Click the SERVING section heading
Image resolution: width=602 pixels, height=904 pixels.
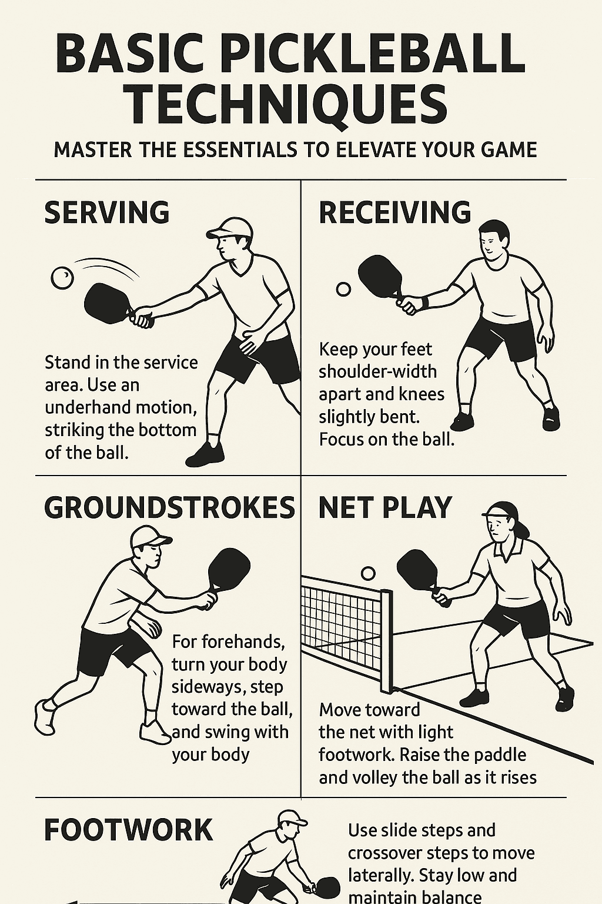point(107,212)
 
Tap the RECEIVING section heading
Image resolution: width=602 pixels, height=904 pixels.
point(394,212)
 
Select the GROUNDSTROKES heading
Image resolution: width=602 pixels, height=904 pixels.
point(169,508)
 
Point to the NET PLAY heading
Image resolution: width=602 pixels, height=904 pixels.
point(385,508)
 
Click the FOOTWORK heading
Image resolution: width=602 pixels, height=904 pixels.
point(128,830)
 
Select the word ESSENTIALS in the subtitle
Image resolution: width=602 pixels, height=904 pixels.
point(239,149)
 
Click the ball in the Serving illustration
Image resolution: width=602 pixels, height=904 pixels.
point(62,278)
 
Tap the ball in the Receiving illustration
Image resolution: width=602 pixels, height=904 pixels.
point(343,289)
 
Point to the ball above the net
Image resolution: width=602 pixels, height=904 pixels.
point(368,573)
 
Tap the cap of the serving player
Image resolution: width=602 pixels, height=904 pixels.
point(229,228)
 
